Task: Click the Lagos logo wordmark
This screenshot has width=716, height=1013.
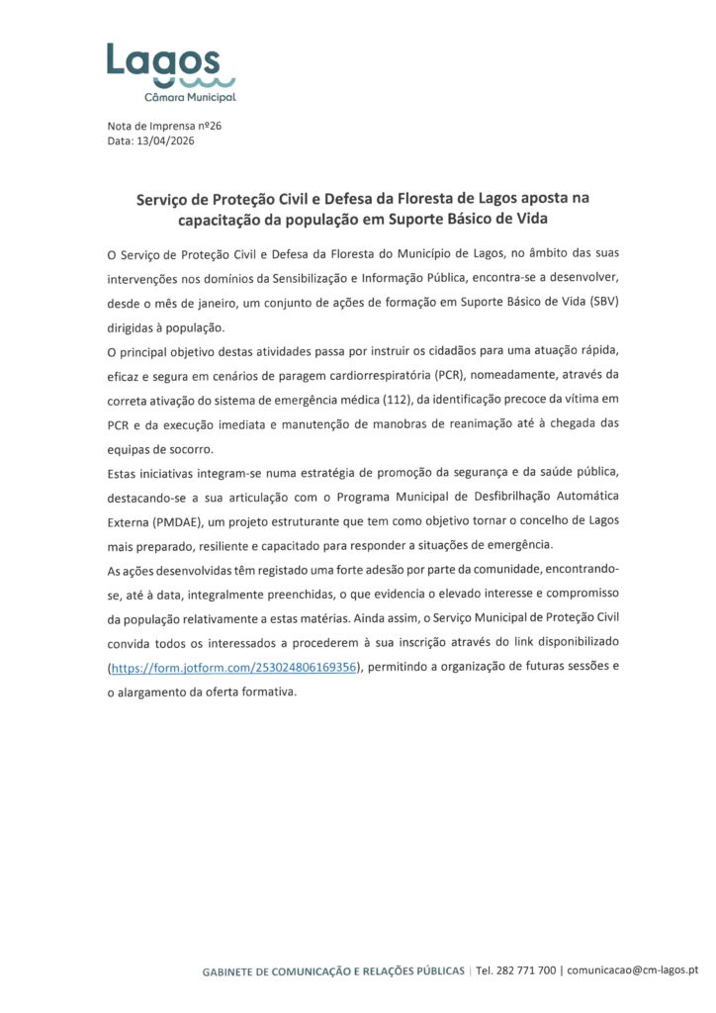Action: click(x=163, y=60)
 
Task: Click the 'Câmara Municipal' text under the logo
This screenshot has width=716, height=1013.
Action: click(x=190, y=97)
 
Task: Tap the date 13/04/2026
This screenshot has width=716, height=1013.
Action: click(x=165, y=140)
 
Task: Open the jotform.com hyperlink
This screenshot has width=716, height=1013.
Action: click(x=233, y=668)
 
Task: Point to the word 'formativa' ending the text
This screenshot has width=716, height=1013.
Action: click(x=266, y=691)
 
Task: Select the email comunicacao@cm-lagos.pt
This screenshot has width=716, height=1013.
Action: click(x=633, y=971)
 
